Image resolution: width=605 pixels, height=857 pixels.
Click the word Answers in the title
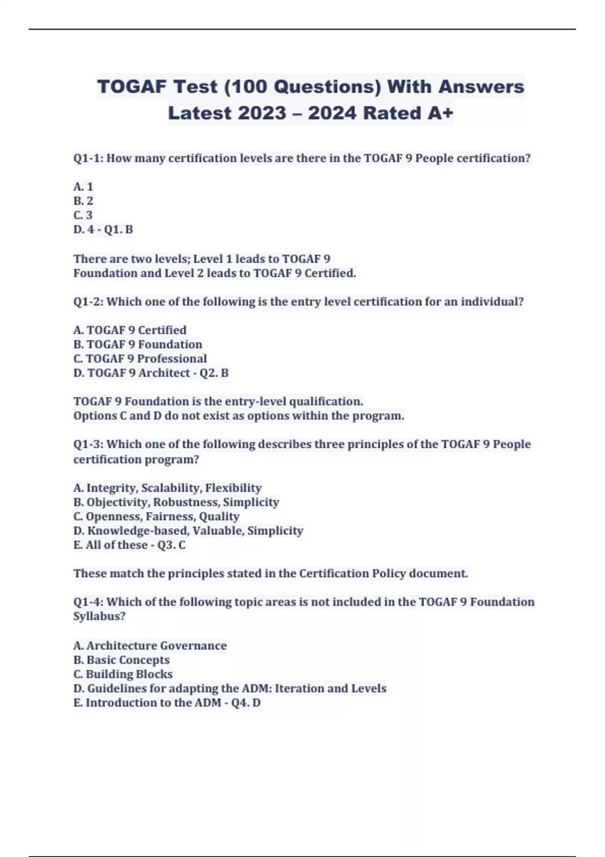point(481,87)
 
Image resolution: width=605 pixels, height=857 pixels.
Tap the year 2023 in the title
point(262,113)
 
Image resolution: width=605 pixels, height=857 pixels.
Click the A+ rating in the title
point(441,113)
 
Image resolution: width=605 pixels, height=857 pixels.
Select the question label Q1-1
point(88,158)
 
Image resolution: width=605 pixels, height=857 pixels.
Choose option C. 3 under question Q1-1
point(83,215)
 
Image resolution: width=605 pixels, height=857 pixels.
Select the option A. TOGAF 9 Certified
point(130,330)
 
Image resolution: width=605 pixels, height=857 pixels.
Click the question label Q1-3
point(88,444)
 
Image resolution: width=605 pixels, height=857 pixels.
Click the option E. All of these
point(110,545)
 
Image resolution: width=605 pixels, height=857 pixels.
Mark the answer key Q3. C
point(171,545)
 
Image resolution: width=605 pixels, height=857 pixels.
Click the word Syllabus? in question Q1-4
point(99,616)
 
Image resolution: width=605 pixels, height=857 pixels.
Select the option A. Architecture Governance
point(150,646)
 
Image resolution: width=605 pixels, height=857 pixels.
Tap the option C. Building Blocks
point(123,674)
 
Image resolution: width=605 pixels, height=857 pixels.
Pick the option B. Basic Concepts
point(122,660)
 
